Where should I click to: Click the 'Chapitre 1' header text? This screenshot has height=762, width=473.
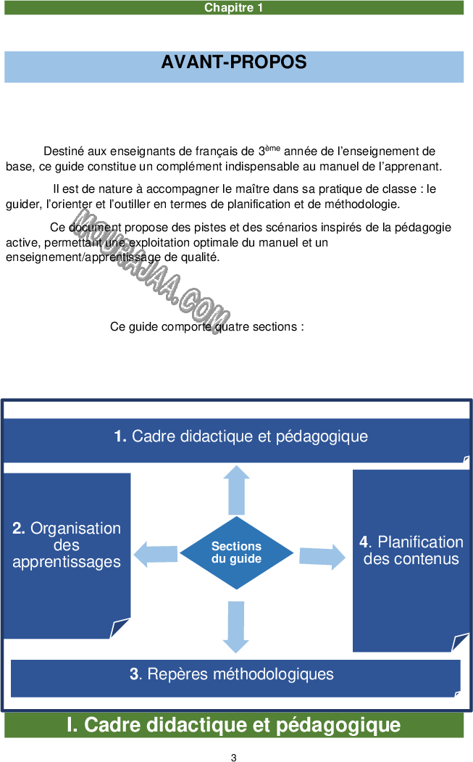(x=233, y=8)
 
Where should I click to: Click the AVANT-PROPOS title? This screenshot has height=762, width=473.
(x=234, y=62)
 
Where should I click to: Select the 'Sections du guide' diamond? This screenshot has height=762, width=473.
(x=236, y=552)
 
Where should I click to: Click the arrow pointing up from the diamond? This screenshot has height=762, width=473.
(x=236, y=490)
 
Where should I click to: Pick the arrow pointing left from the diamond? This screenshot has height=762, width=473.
(x=156, y=555)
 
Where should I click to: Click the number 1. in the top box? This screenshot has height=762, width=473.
(x=120, y=436)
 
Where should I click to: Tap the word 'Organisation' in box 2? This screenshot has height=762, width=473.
(x=75, y=529)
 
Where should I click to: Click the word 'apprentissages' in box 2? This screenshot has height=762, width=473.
(x=67, y=562)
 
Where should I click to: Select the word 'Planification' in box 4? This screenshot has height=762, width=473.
(x=420, y=542)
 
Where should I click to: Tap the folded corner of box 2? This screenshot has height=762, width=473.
(x=120, y=629)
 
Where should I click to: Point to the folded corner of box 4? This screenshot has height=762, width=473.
(x=460, y=643)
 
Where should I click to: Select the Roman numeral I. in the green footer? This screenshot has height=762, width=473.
(x=72, y=725)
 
